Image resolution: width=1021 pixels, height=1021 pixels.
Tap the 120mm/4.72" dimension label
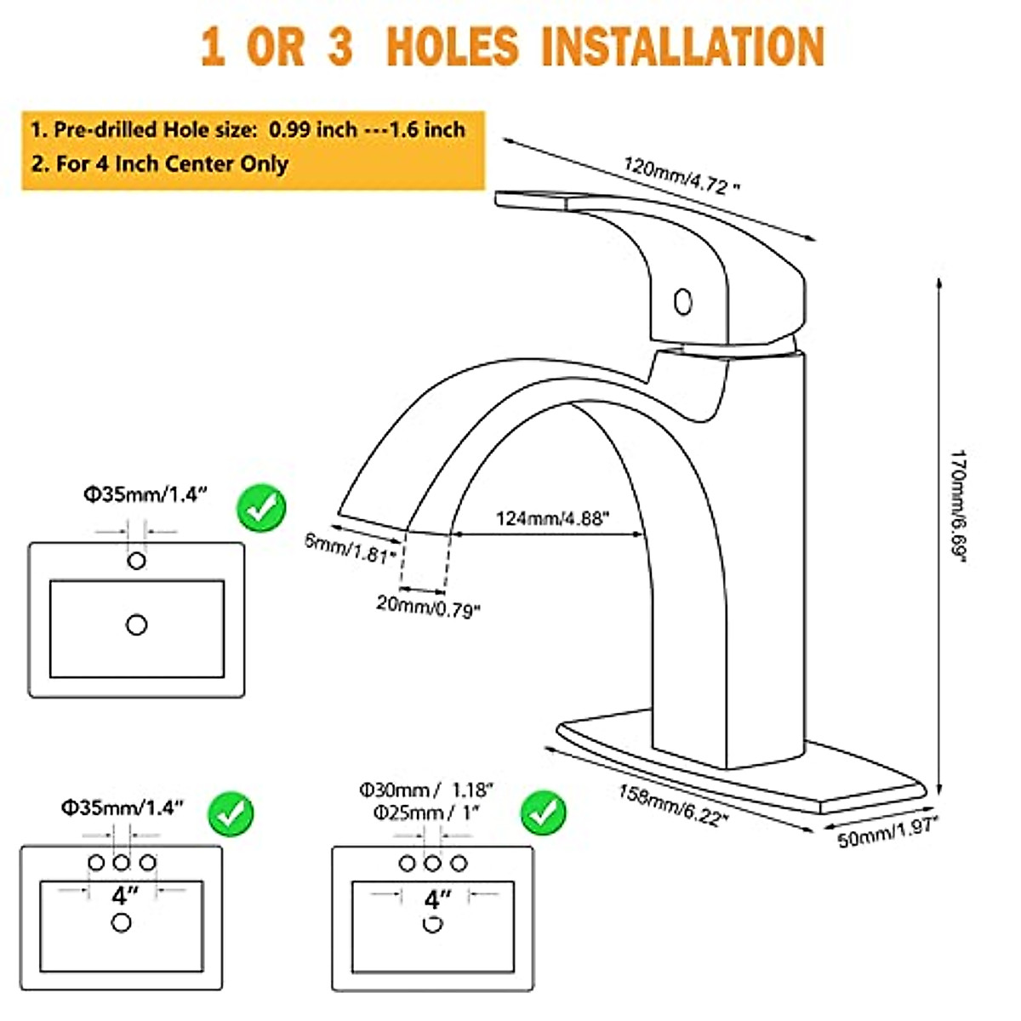point(676,175)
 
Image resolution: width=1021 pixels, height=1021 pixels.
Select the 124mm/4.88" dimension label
point(552,517)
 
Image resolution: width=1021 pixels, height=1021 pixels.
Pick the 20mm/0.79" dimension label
point(428,606)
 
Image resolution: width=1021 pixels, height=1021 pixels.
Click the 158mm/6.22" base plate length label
point(673,804)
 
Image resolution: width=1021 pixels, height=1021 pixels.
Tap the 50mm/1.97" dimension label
point(887,832)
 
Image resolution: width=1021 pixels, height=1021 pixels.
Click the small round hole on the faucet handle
point(682,302)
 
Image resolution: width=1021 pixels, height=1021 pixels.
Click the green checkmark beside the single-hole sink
point(261,508)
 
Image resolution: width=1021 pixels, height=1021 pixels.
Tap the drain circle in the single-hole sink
point(136,625)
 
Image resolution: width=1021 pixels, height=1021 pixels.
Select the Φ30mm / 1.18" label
point(426,790)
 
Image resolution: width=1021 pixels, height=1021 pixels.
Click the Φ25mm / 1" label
point(426,813)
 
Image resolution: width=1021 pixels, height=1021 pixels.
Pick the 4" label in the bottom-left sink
point(124,895)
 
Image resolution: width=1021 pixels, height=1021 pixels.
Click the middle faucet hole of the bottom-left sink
point(122,863)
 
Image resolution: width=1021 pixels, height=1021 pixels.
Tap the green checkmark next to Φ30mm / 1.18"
point(543,813)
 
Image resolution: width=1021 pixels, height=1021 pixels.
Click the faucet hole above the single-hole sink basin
point(136,561)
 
